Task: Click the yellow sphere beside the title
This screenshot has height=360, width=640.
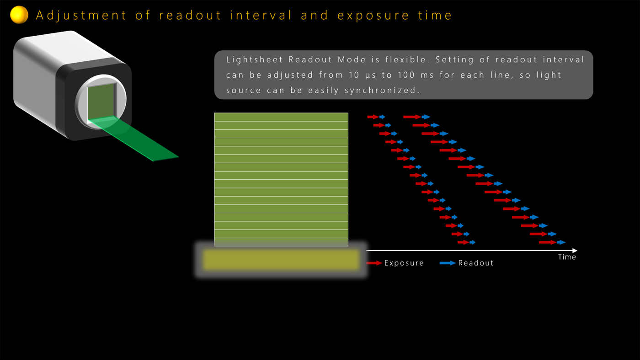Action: point(19,15)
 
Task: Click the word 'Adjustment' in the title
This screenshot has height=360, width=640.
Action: point(81,15)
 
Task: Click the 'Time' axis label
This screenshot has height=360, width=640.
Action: point(567,257)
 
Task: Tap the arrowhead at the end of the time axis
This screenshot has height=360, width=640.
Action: point(575,251)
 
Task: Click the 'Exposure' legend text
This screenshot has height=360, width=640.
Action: point(404,263)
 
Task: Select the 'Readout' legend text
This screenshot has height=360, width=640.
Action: point(476,263)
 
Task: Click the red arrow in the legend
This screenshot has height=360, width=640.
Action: point(374,263)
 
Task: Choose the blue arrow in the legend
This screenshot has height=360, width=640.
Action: point(448,263)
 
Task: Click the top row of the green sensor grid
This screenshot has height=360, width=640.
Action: point(281,117)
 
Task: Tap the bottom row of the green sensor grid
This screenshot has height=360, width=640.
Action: point(281,242)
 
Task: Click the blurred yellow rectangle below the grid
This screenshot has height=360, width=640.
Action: point(281,260)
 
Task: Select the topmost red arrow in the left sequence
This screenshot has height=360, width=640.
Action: point(373,117)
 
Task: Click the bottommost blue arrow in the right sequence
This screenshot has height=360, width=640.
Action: point(561,242)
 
